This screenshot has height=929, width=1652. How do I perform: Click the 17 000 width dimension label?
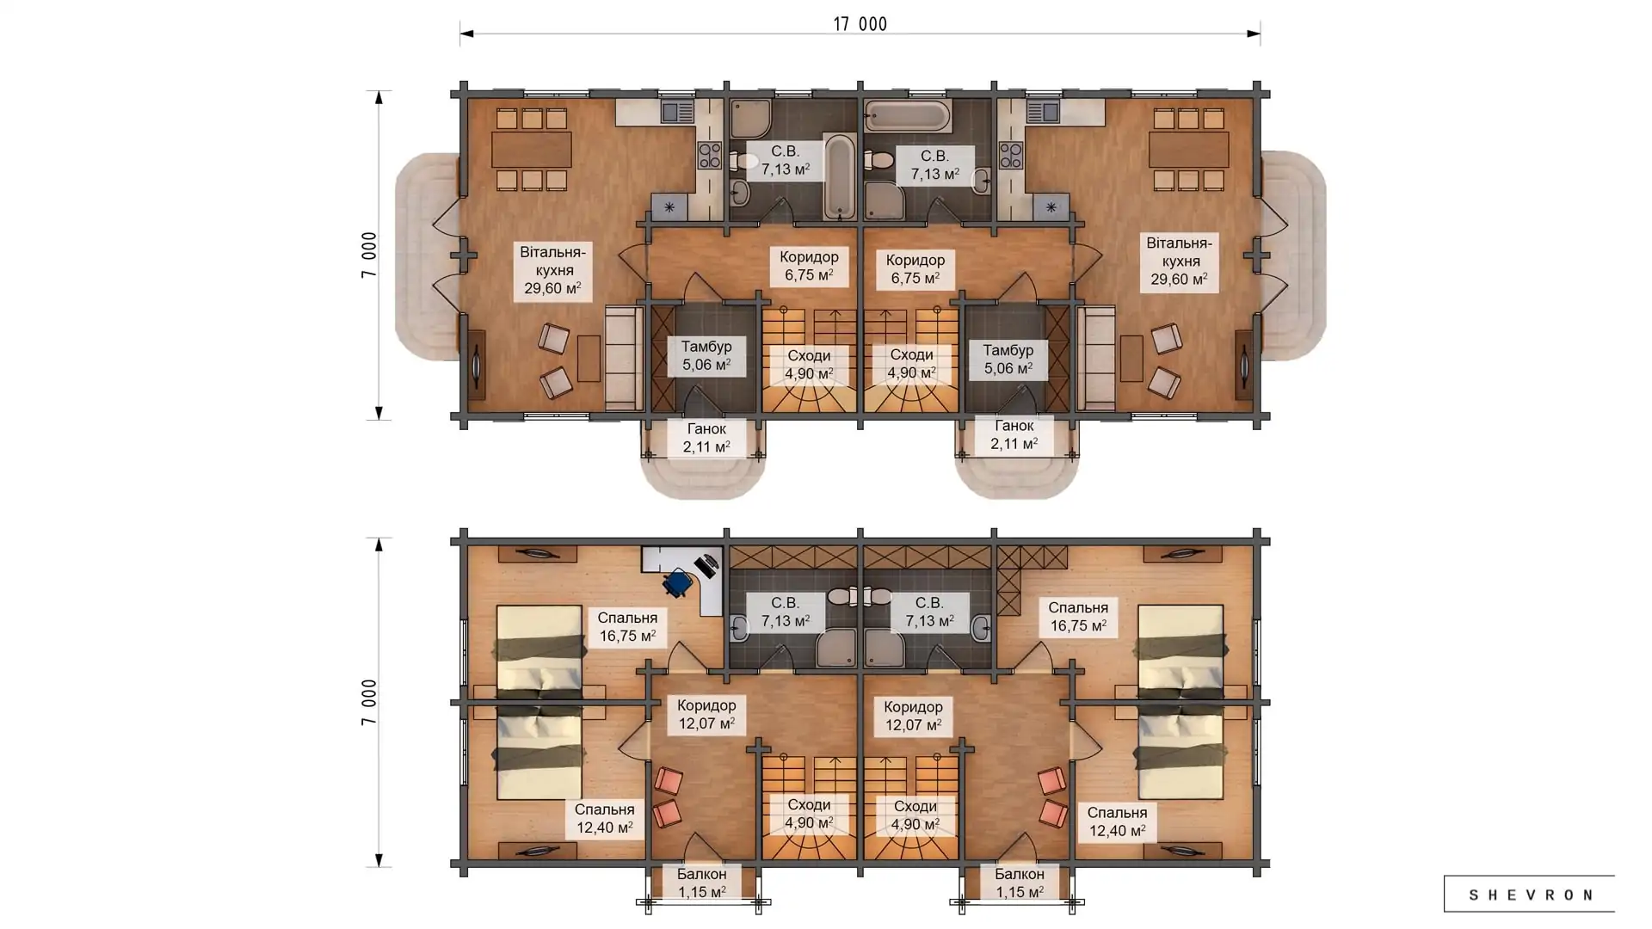[x=860, y=24]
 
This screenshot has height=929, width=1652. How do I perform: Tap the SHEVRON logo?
[x=1529, y=895]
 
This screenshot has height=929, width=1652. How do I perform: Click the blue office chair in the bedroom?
[x=679, y=582]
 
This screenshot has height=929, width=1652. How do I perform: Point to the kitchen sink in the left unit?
[x=677, y=112]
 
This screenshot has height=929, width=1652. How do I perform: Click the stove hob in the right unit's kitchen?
[x=1011, y=156]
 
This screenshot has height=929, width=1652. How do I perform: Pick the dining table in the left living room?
[x=531, y=150]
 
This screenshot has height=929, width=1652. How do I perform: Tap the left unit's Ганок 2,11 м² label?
[x=706, y=438]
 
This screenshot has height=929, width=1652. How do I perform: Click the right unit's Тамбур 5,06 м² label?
[x=1008, y=360]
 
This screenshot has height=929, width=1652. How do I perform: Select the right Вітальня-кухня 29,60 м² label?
[x=1179, y=261]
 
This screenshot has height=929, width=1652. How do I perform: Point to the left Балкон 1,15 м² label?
[x=701, y=883]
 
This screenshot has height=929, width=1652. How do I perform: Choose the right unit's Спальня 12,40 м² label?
[x=1117, y=821]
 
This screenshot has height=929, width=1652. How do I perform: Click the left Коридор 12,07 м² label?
[x=706, y=715]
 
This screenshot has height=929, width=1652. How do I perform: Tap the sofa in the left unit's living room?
[x=624, y=358]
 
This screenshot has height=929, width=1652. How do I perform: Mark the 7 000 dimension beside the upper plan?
[x=369, y=255]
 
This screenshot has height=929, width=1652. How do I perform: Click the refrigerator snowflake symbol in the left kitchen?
[x=669, y=207]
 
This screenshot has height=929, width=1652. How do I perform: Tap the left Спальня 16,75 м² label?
[x=627, y=627]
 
